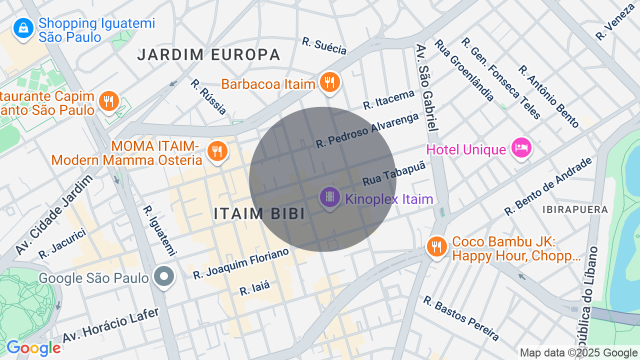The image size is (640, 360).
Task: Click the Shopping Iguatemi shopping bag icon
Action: (23, 29)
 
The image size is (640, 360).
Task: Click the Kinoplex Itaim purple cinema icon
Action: (329, 197)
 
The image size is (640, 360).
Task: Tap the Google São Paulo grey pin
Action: (163, 276)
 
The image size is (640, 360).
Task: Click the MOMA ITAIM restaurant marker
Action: (217, 151)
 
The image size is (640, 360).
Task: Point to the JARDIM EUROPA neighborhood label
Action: (209, 54)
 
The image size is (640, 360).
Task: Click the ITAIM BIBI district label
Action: (259, 213)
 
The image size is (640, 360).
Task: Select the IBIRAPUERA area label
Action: (575, 209)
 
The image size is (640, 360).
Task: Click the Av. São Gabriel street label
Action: (426, 87)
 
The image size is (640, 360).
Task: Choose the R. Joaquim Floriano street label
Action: (241, 263)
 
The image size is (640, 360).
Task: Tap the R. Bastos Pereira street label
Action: (460, 318)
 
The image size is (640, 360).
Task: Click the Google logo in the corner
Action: (33, 348)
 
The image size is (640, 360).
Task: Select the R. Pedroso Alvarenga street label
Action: (367, 130)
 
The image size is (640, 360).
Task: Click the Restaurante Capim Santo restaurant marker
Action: (108, 101)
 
